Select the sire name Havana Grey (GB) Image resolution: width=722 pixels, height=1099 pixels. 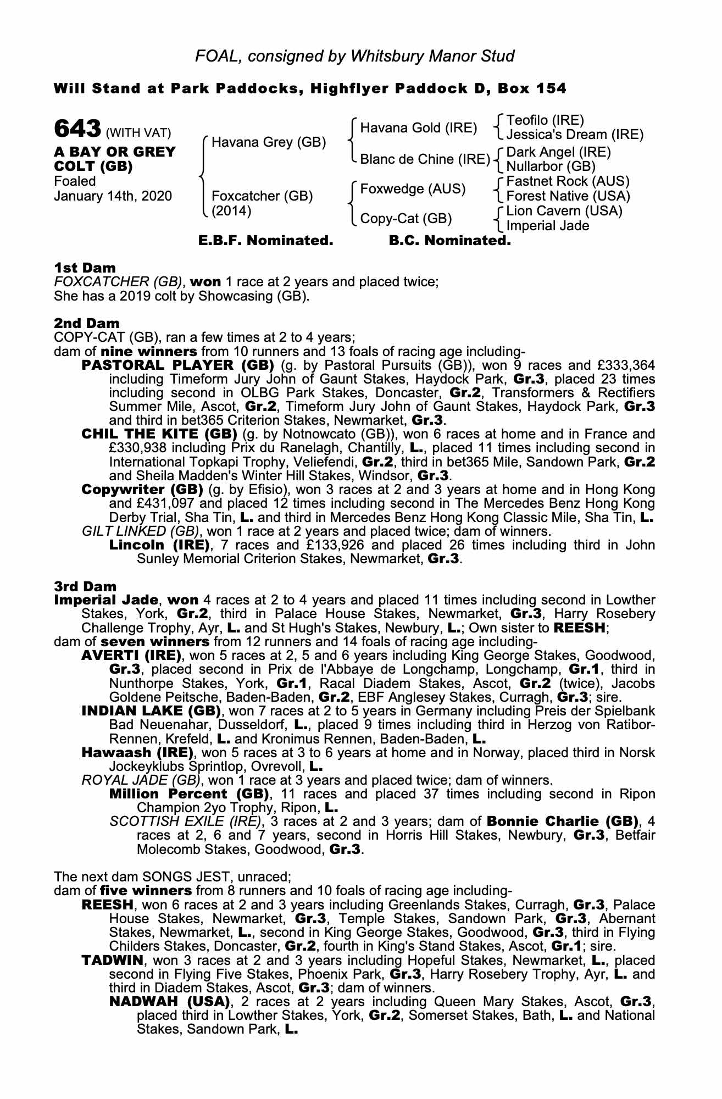tap(268, 142)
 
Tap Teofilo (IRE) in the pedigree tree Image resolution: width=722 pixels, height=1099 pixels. tap(545, 120)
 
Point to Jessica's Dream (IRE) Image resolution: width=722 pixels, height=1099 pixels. tap(574, 135)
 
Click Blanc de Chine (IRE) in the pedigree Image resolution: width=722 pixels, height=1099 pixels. tap(425, 159)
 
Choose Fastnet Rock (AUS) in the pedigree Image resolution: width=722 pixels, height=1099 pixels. tap(568, 181)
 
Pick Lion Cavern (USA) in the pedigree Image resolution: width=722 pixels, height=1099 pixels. tap(564, 211)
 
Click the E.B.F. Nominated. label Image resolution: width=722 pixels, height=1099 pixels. tap(265, 241)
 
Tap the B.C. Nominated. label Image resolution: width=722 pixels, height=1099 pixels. tap(449, 241)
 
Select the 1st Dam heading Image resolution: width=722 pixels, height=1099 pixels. tap(85, 268)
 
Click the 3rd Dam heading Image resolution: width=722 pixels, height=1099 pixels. tap(85, 586)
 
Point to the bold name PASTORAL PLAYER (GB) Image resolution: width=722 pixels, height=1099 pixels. tap(177, 365)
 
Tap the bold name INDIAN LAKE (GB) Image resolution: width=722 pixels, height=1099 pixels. tap(147, 711)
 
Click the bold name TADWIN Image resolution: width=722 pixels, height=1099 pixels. tap(112, 961)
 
